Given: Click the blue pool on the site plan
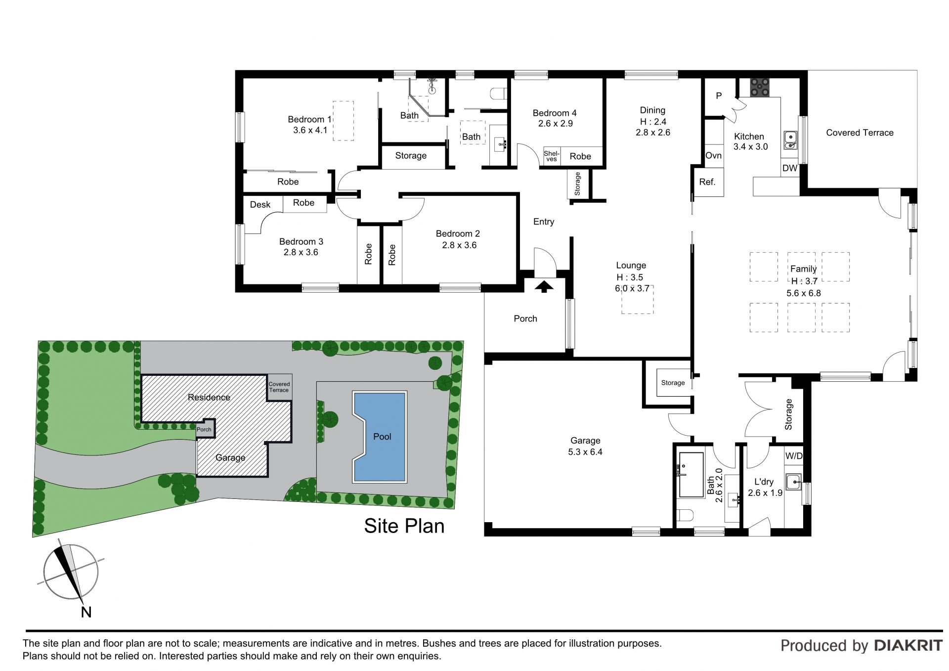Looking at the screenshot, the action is pyautogui.click(x=380, y=437).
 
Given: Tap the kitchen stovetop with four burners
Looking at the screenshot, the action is pyautogui.click(x=759, y=87).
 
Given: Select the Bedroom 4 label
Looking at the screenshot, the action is pyautogui.click(x=555, y=113).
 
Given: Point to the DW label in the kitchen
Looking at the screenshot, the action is pyautogui.click(x=790, y=168).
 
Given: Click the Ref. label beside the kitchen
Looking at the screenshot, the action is pyautogui.click(x=707, y=182).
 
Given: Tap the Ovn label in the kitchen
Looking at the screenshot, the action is pyautogui.click(x=713, y=155).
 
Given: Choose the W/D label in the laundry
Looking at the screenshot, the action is pyautogui.click(x=794, y=456).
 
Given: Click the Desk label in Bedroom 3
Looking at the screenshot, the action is pyautogui.click(x=260, y=205).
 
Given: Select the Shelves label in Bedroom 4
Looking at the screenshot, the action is pyautogui.click(x=551, y=156).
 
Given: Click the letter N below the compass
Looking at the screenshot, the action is pyautogui.click(x=86, y=612).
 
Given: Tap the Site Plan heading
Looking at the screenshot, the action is pyautogui.click(x=404, y=526).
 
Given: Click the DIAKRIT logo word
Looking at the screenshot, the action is pyautogui.click(x=908, y=645).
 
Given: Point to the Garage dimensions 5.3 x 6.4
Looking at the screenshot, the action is pyautogui.click(x=585, y=452).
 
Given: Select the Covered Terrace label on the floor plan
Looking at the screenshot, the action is pyautogui.click(x=860, y=133).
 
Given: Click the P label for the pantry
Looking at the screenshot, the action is pyautogui.click(x=719, y=96).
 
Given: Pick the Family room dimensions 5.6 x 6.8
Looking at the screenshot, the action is pyautogui.click(x=804, y=293).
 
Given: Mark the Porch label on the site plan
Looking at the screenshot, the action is pyautogui.click(x=204, y=429).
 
